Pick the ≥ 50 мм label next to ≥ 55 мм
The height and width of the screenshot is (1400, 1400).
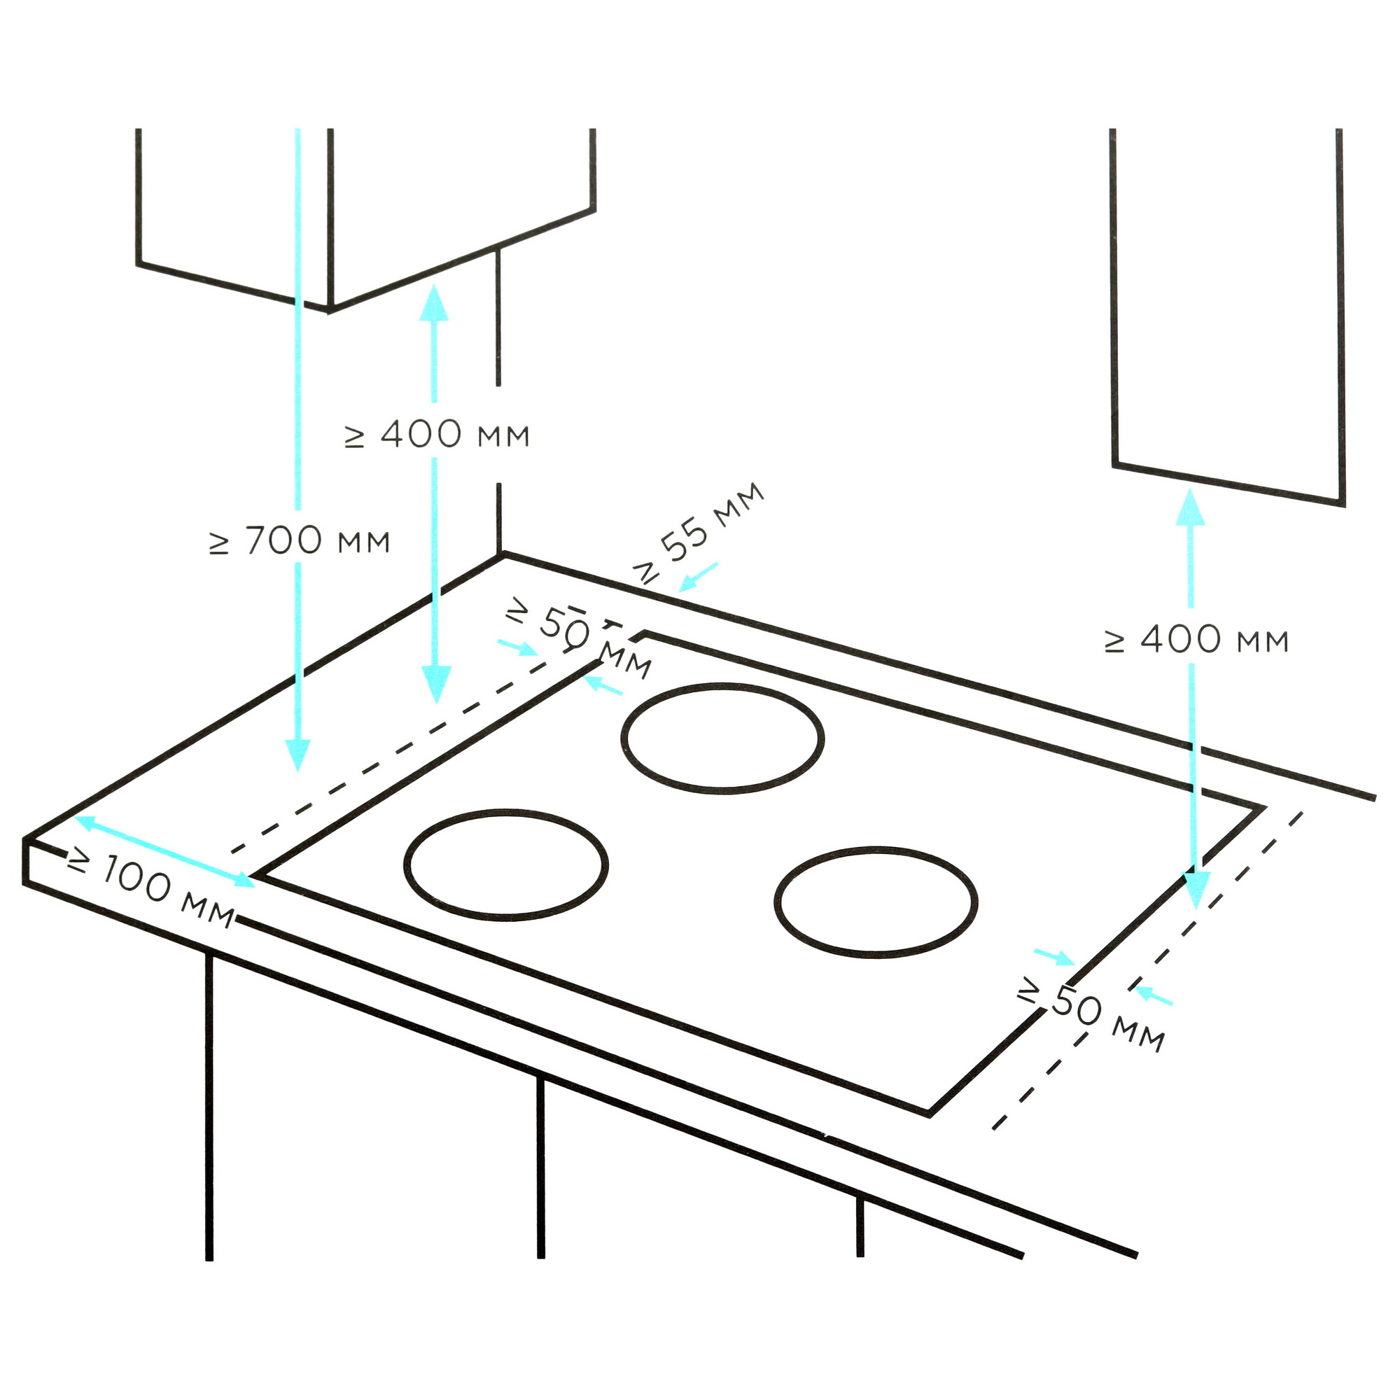point(578,638)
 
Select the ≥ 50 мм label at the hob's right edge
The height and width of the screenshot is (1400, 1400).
point(1091,1013)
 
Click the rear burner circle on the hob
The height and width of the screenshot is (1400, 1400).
point(723,738)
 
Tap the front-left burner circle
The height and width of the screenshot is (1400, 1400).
point(507,865)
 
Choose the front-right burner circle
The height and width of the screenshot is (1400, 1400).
point(876,902)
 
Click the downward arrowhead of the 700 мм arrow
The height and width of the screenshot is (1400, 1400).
point(297,756)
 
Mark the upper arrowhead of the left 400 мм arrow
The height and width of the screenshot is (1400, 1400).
point(434,302)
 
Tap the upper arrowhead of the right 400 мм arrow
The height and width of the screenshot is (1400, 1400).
point(1190,507)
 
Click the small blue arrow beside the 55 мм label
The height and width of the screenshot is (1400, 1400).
point(698,577)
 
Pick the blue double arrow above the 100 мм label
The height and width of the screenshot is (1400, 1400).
point(165,851)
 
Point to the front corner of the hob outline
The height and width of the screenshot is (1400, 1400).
point(930,1114)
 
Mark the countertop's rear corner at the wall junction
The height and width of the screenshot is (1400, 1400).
point(503,555)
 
